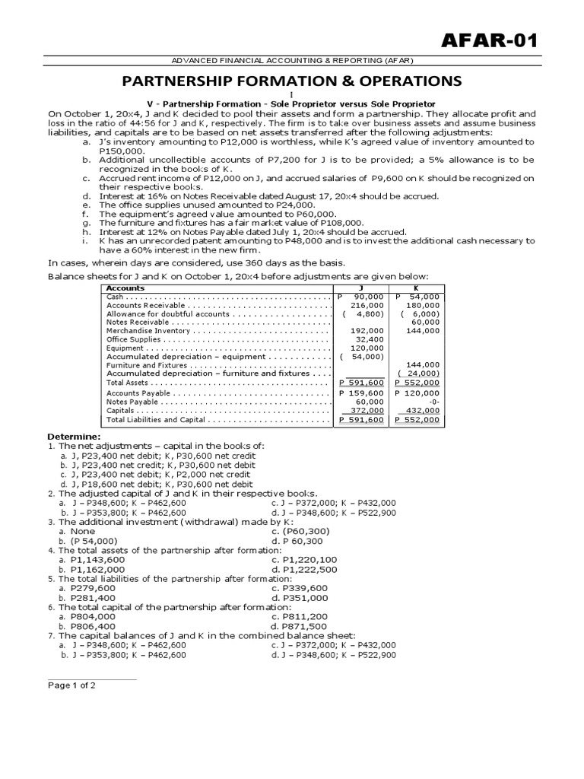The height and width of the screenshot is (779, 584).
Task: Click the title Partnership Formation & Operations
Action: [292, 81]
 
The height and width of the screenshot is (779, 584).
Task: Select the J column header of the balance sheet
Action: [361, 288]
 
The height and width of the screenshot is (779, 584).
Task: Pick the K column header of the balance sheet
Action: [415, 288]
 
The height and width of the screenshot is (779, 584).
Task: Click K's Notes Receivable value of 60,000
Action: [424, 322]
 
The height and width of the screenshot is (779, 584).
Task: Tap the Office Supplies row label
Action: [134, 339]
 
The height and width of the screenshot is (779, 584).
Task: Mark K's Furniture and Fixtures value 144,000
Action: [423, 365]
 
